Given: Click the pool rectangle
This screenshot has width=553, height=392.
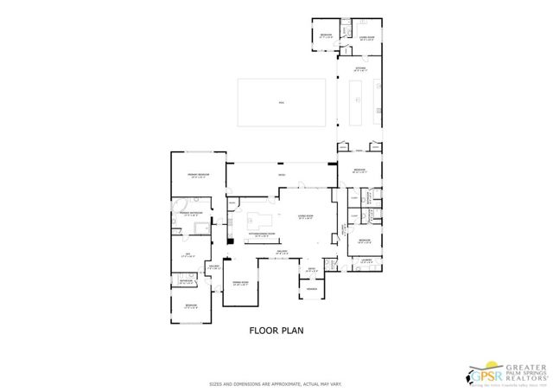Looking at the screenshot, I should [x=282, y=102].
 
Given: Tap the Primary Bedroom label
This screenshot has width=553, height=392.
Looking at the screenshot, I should [x=199, y=176].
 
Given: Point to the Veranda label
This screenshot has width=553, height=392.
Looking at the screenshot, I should [x=311, y=288].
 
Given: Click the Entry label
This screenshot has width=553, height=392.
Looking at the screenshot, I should [x=312, y=271].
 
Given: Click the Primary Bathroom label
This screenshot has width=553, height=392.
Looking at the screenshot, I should [x=190, y=214].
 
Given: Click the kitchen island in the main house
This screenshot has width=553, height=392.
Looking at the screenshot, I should [x=261, y=219].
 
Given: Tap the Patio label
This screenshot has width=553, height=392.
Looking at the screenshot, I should [x=280, y=176].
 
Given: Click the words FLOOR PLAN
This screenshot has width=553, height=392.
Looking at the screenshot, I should [x=276, y=330].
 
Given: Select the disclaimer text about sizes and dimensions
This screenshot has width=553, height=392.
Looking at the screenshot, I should [x=276, y=383].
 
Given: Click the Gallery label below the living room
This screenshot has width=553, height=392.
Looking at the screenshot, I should [x=281, y=253].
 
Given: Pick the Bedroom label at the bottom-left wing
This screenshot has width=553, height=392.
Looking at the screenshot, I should [x=190, y=305].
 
